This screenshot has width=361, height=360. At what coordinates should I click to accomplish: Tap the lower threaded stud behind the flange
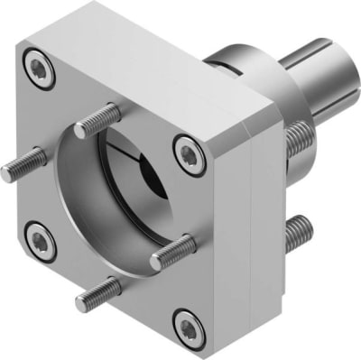298,233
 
